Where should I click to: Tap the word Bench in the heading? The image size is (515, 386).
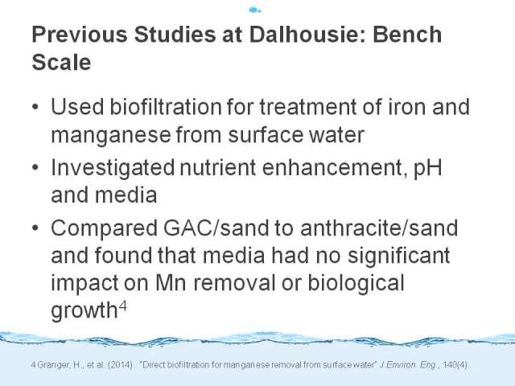click(x=407, y=34)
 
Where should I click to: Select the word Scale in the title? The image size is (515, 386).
click(x=61, y=62)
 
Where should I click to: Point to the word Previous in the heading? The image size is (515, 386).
click(x=80, y=34)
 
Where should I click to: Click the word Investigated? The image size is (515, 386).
click(x=113, y=168)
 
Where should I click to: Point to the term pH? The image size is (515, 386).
click(x=427, y=168)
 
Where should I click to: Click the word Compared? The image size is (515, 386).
click(x=104, y=228)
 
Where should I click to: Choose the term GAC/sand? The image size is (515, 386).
click(x=216, y=228)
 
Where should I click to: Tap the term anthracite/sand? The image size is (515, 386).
click(x=379, y=228)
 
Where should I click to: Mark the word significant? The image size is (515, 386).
click(x=399, y=257)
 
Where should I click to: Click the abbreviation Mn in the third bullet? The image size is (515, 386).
click(x=171, y=283)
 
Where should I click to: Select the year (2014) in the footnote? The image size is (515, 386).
click(x=120, y=365)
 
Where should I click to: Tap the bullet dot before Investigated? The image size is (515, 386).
click(x=35, y=167)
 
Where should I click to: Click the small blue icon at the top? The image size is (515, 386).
click(x=255, y=10)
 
